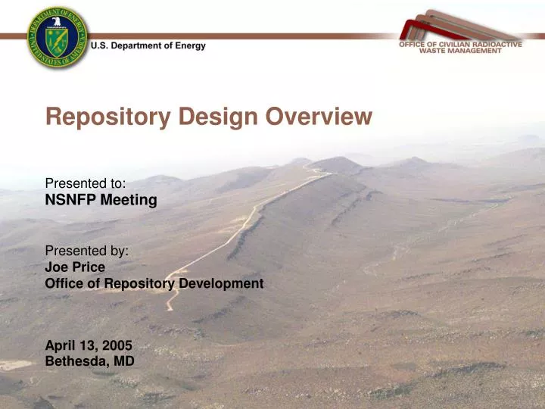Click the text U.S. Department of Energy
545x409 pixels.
(x=148, y=46)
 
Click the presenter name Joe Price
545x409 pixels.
(x=75, y=267)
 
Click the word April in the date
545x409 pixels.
(x=61, y=345)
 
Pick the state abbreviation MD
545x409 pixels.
(x=124, y=361)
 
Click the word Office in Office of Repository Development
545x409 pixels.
(x=64, y=283)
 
